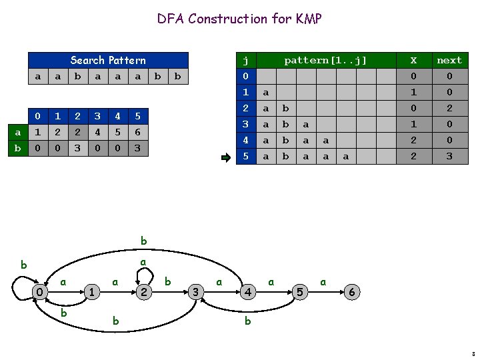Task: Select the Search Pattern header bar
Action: tap(108, 60)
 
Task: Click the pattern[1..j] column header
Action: tap(325, 60)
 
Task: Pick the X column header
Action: tap(413, 60)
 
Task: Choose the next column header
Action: tap(449, 60)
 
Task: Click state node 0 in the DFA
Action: tap(40, 292)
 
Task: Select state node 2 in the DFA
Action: tap(143, 292)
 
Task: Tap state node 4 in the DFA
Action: tap(247, 292)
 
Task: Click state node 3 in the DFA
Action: tap(195, 292)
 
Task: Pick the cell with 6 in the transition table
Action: tap(137, 133)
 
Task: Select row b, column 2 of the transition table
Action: tap(77, 148)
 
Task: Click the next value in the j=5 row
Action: tap(449, 157)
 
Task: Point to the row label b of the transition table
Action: tap(17, 148)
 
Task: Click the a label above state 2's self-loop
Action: tap(143, 264)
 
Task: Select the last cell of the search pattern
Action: tap(177, 76)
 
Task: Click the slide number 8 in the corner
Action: tap(472, 353)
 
